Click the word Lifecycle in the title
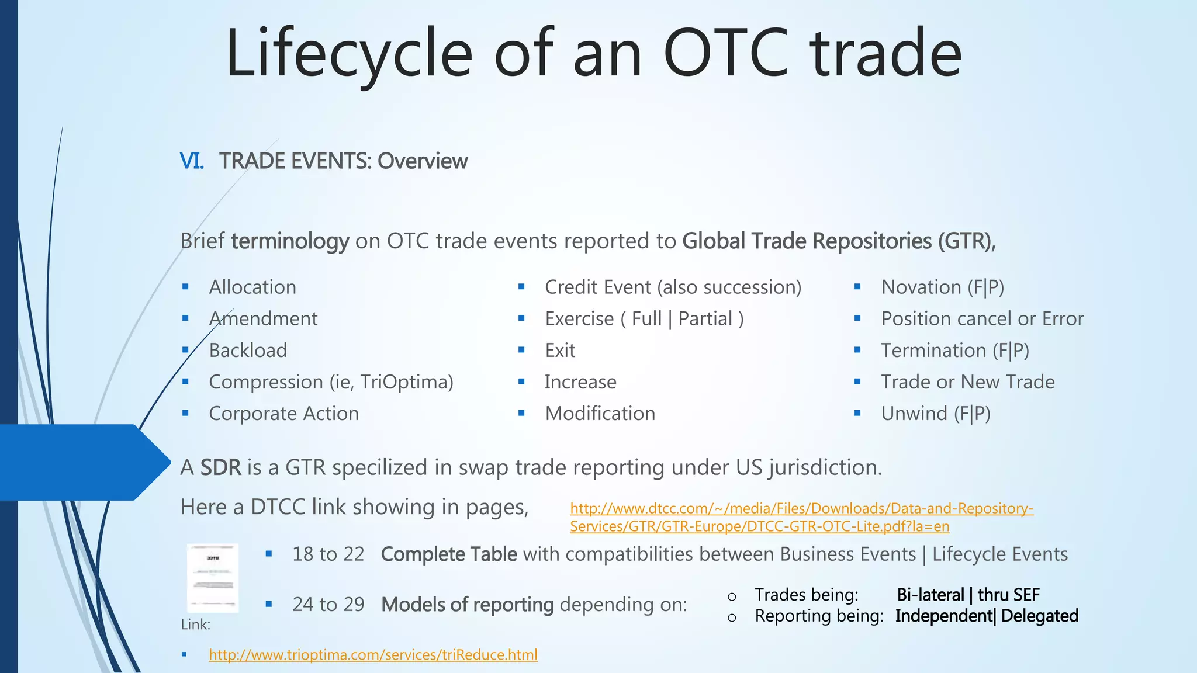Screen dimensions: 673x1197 tap(348, 54)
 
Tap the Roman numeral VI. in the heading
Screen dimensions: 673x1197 tap(192, 161)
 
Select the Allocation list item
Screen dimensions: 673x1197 tap(252, 287)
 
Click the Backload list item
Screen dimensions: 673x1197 tap(248, 351)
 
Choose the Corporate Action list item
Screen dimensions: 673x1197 tap(284, 414)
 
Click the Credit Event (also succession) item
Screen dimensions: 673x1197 tap(673, 287)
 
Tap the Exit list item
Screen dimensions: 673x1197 tap(560, 351)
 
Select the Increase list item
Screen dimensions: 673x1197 tap(580, 382)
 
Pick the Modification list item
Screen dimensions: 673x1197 tap(600, 414)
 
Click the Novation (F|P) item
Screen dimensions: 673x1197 tap(942, 287)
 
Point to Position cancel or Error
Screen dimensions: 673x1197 tap(982, 319)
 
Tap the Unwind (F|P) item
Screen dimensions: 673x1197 tap(936, 414)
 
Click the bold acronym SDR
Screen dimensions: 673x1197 tap(220, 468)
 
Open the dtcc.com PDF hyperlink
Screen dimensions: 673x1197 tap(801, 518)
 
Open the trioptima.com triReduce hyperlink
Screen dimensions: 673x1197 tap(373, 655)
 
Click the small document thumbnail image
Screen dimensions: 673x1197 tap(213, 578)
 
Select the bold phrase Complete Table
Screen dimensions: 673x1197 tap(448, 554)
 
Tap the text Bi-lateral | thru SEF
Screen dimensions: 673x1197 tap(968, 595)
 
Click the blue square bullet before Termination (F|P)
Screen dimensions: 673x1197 tap(857, 350)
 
